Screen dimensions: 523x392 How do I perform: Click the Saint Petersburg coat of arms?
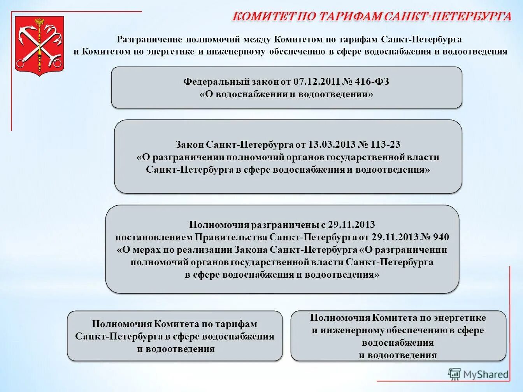39,46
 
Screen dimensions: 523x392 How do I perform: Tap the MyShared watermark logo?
479,374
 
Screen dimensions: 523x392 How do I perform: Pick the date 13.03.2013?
332,145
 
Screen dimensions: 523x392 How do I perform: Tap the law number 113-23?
385,145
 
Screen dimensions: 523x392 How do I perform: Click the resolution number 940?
441,237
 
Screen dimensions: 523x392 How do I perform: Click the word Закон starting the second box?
190,145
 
